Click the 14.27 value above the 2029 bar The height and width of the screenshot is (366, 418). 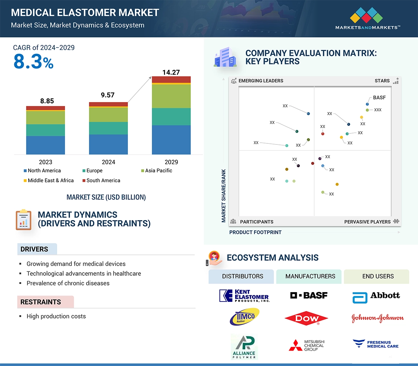[x=171, y=72]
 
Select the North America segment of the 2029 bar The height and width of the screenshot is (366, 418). [x=171, y=140]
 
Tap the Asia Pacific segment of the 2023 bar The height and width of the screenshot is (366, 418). [x=45, y=118]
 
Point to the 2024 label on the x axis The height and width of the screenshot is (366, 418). [x=108, y=162]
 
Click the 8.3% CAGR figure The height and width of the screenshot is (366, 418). [x=33, y=61]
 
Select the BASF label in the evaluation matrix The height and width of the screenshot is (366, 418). [x=379, y=98]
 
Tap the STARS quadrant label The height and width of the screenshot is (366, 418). [x=382, y=81]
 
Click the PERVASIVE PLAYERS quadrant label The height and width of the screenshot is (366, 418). [x=367, y=222]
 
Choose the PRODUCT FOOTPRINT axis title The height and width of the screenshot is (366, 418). [x=255, y=232]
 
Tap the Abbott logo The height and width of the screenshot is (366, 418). [x=376, y=296]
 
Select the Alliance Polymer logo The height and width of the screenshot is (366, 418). [x=244, y=347]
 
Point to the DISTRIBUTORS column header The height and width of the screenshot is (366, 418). [x=243, y=276]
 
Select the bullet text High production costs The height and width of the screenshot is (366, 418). [x=56, y=316]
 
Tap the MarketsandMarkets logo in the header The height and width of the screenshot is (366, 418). [x=367, y=18]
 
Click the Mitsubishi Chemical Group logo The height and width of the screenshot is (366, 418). [x=307, y=345]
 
